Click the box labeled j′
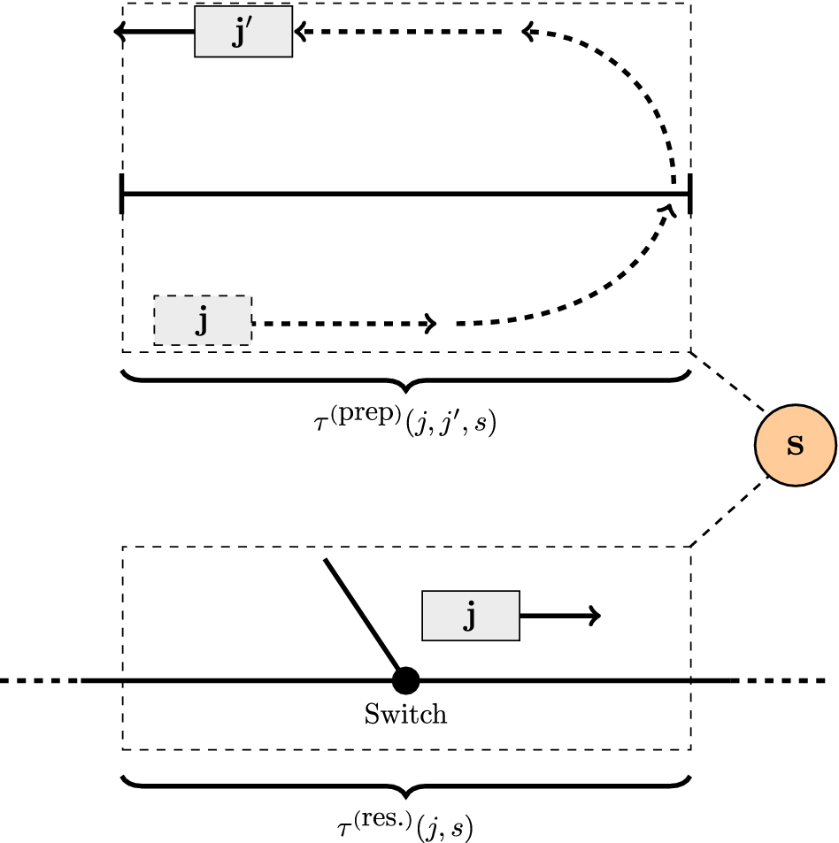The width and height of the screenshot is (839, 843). click(x=243, y=34)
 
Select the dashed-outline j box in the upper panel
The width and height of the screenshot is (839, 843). click(x=203, y=320)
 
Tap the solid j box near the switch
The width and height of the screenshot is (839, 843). click(x=471, y=616)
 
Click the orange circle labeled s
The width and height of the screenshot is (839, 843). click(x=796, y=445)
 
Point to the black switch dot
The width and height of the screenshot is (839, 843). click(x=405, y=680)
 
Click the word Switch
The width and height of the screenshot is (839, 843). click(x=405, y=714)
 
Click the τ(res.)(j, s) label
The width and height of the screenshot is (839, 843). click(x=405, y=826)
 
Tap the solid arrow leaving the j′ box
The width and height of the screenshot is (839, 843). click(x=155, y=33)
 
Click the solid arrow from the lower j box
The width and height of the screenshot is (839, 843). click(x=560, y=616)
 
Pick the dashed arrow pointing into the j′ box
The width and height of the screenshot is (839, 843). click(x=398, y=33)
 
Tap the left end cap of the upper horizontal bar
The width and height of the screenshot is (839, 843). click(x=121, y=194)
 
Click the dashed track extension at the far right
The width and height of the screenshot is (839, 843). click(x=783, y=680)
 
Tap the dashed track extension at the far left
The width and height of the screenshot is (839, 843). click(x=40, y=680)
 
